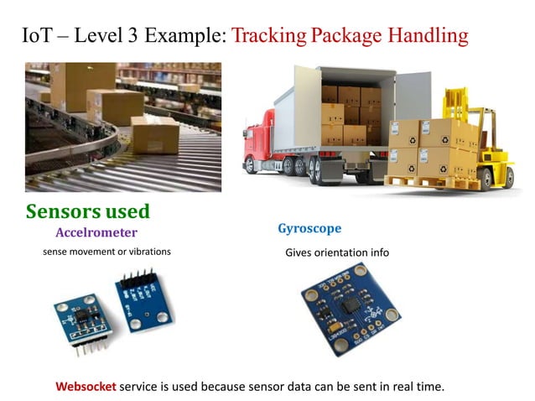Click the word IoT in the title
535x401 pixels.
point(40,36)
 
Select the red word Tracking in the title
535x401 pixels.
point(267,36)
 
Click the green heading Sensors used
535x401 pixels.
point(87,211)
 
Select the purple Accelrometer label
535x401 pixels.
point(96,232)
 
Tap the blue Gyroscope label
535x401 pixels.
point(309,228)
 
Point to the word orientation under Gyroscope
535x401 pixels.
point(337,253)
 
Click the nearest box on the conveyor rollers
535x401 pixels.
point(154,134)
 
